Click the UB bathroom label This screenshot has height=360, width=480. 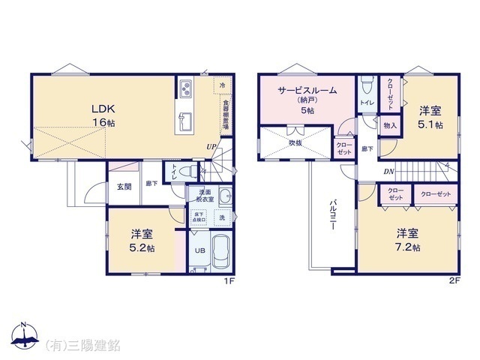pos(199,251)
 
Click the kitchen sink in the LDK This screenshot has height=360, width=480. pos(185,120)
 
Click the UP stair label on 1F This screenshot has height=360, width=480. pos(212,147)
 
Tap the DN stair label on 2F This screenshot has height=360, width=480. pos(388,172)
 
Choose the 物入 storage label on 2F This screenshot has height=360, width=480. pos(390,125)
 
